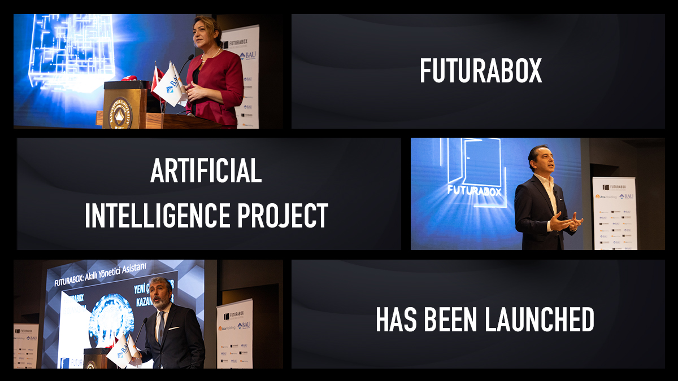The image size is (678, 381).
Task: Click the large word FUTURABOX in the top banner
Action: point(481,71)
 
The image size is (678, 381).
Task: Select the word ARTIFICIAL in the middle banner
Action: point(206,172)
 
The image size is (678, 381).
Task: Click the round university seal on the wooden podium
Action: point(120,112)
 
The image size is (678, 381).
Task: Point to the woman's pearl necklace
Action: point(214,54)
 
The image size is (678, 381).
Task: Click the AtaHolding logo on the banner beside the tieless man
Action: point(606,196)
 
